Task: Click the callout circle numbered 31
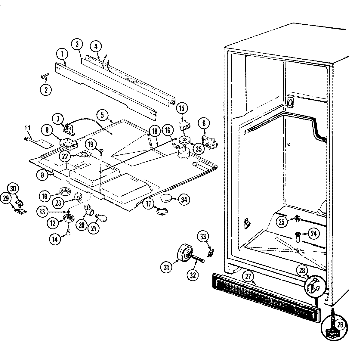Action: click(166, 266)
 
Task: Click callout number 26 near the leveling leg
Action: click(340, 324)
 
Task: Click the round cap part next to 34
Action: click(166, 199)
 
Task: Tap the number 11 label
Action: click(27, 128)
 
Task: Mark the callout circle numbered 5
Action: click(102, 115)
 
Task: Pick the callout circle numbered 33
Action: click(203, 237)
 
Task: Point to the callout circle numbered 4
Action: click(96, 46)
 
